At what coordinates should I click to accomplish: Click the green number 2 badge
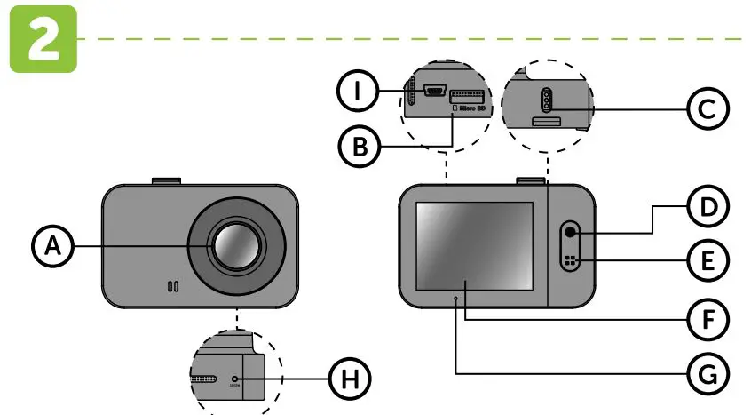click(42, 37)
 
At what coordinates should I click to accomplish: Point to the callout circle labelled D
click(708, 208)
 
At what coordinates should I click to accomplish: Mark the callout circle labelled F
click(708, 316)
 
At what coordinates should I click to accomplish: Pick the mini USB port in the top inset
click(435, 91)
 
